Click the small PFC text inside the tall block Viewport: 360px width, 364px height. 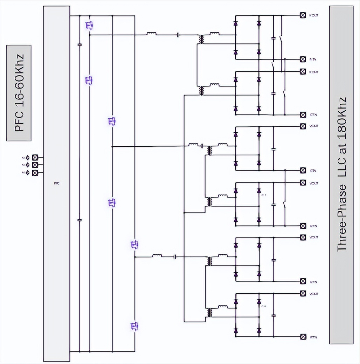coord(56,183)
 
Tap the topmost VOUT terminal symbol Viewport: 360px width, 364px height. coord(303,15)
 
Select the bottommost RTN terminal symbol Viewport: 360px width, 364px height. coord(303,337)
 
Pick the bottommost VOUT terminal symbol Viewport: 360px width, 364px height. coord(303,293)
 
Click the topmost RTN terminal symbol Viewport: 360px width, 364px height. coord(303,59)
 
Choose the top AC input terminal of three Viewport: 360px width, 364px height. coord(35,157)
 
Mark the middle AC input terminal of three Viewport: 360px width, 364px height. coord(35,165)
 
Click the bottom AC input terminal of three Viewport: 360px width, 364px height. coord(35,173)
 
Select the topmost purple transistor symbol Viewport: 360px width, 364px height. coord(90,25)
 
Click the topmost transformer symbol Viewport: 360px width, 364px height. coord(201,39)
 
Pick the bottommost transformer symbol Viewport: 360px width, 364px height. coord(209,313)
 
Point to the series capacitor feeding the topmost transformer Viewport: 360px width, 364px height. coord(179,35)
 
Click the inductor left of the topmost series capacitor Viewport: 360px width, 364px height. coord(152,34)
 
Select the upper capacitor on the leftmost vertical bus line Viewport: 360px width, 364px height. coord(79,45)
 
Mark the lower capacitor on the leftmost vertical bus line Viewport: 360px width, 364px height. coord(79,220)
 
